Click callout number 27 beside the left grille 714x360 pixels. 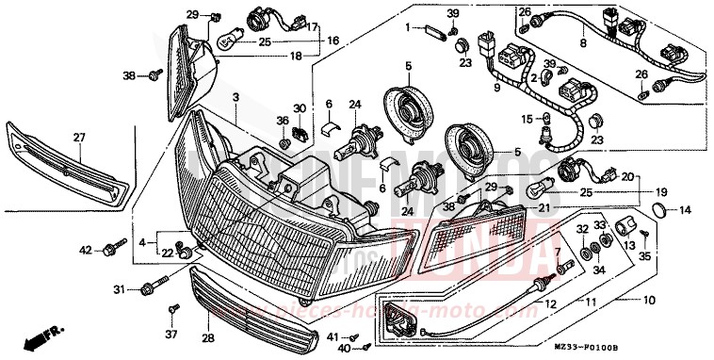click(79, 138)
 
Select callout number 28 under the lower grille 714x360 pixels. click(208, 337)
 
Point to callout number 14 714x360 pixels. click(685, 208)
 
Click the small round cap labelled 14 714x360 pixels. click(661, 208)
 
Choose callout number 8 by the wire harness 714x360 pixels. click(582, 42)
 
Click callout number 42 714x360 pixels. click(85, 251)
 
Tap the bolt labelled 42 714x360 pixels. click(112, 248)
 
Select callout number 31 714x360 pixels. click(119, 288)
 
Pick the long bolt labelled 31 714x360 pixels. click(154, 285)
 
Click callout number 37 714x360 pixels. click(171, 334)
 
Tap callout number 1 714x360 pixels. click(410, 29)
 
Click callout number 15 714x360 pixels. click(527, 119)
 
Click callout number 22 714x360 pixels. click(168, 252)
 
